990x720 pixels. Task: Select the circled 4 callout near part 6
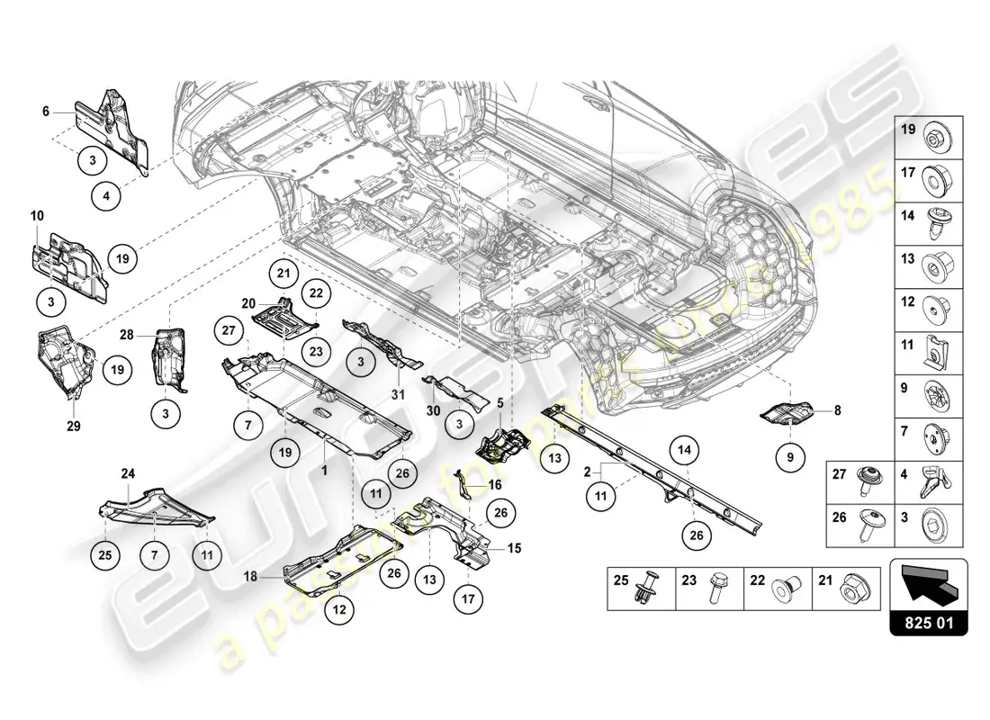(x=106, y=193)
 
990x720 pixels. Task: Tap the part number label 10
(x=36, y=217)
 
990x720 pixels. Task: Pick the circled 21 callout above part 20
(x=282, y=274)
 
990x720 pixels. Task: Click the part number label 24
(x=128, y=472)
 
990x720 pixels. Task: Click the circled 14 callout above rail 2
(x=683, y=449)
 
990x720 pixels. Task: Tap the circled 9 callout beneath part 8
(x=790, y=458)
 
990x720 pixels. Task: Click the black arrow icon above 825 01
(x=927, y=586)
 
